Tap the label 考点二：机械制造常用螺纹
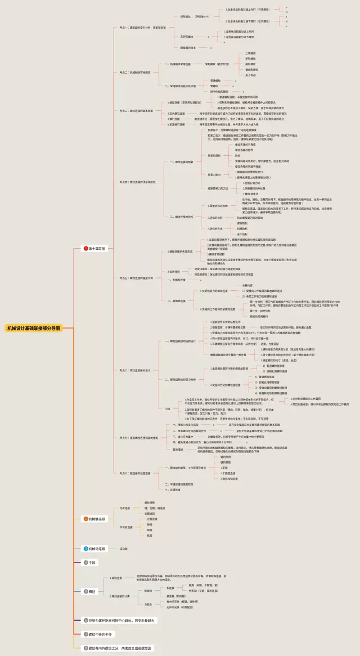(x=134, y=72)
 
